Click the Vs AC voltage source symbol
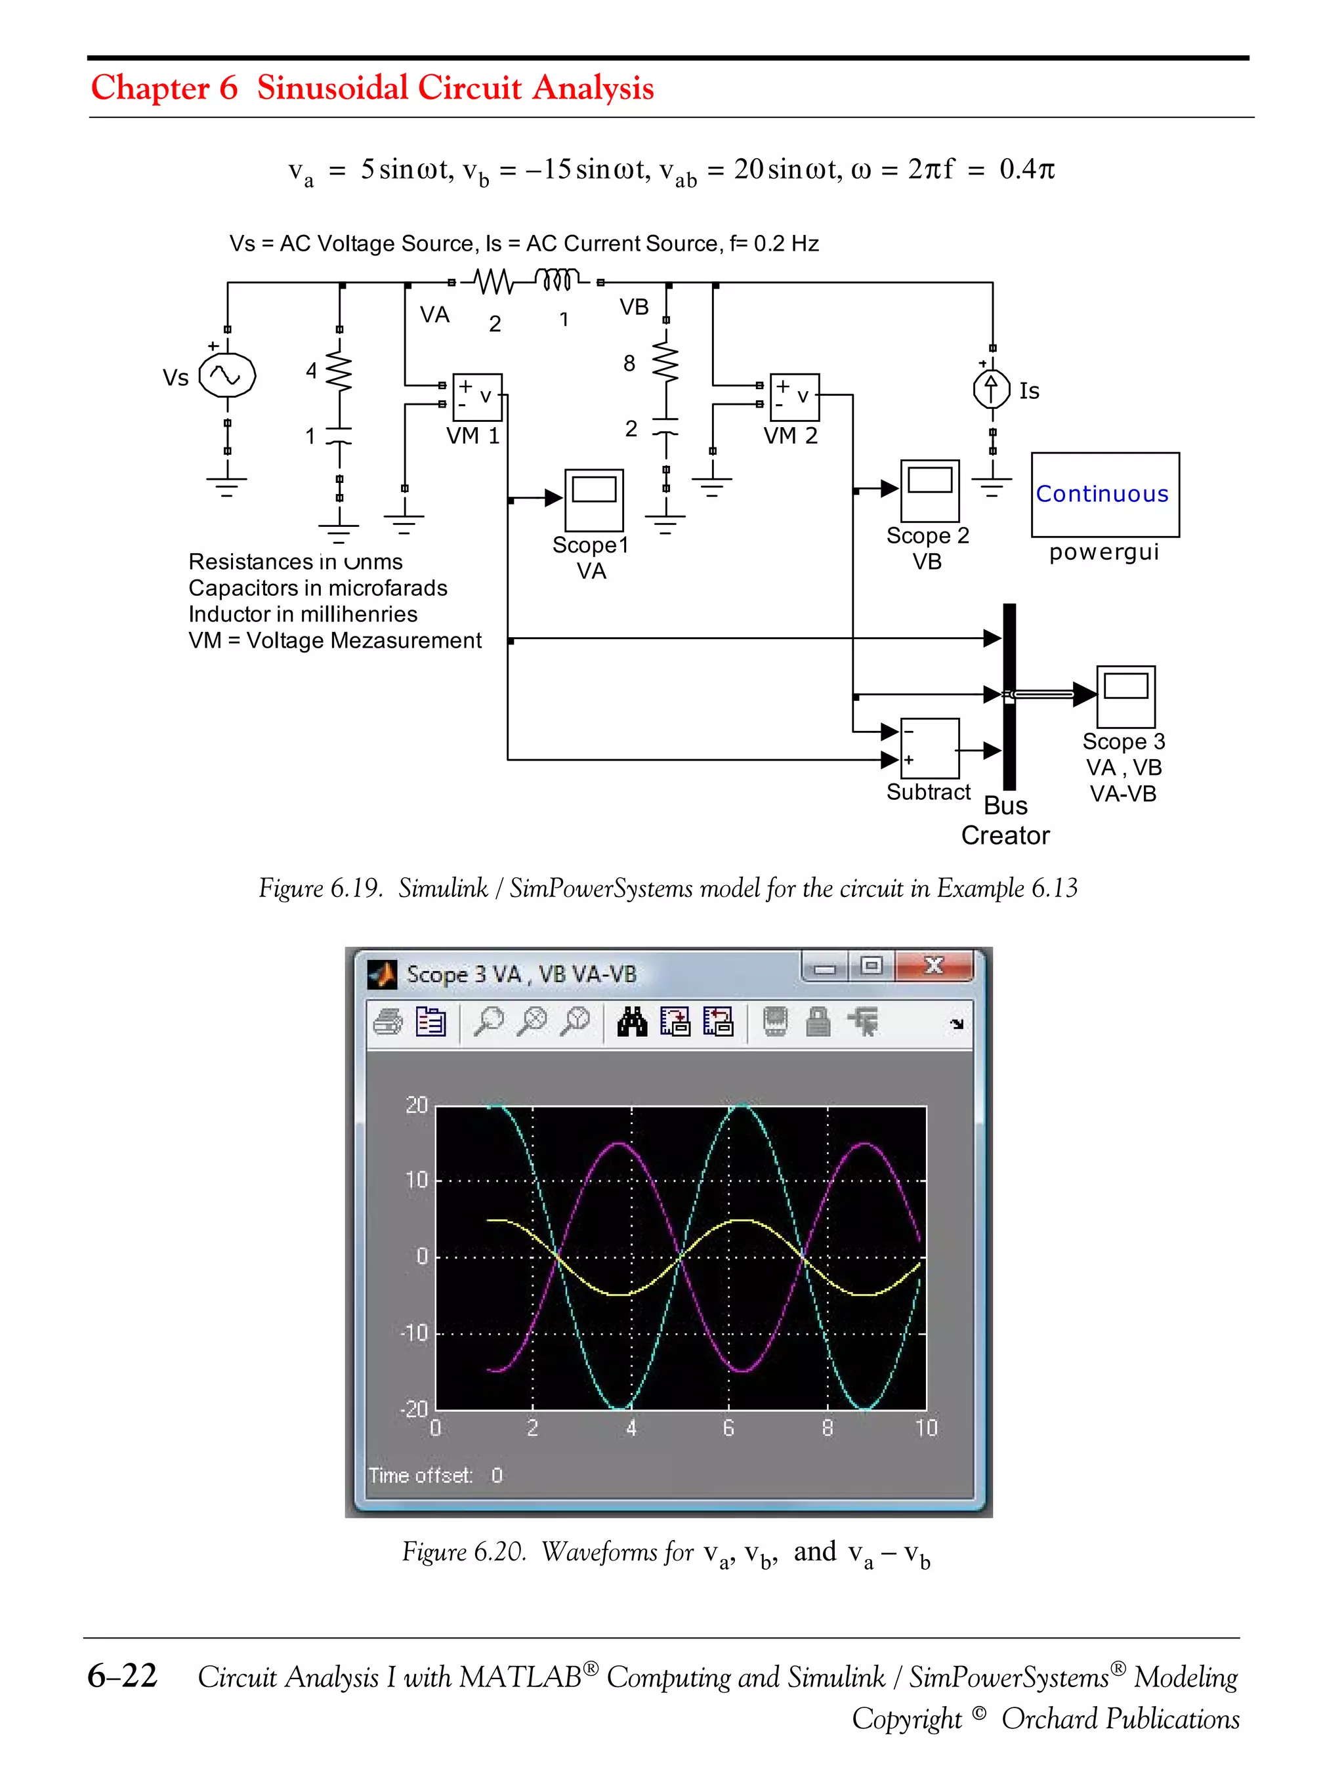pos(227,376)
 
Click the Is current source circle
pos(991,390)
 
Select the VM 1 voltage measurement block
pos(477,397)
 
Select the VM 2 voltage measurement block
pos(794,397)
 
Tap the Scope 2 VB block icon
pos(929,490)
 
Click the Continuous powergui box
pos(1104,494)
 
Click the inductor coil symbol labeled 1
pos(556,280)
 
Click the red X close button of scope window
pos(933,965)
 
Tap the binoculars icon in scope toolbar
pos(632,1022)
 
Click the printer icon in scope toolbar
pos(388,1022)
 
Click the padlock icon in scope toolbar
pos(818,1022)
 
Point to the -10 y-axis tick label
pos(414,1333)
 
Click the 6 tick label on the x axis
pos(728,1427)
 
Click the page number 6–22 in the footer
pos(122,1675)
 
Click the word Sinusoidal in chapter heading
pos(332,87)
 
